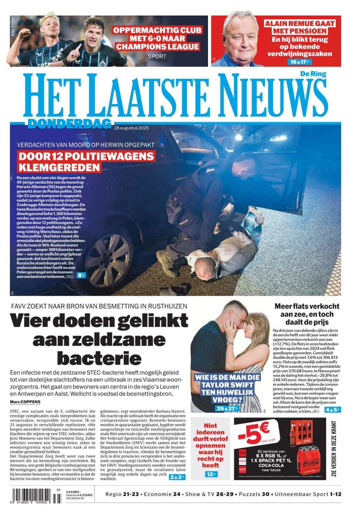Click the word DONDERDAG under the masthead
pos(69,124)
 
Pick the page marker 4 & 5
pos(333,409)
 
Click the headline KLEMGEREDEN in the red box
pos(60,167)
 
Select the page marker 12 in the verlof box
pos(211,474)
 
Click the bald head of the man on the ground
pos(204,268)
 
